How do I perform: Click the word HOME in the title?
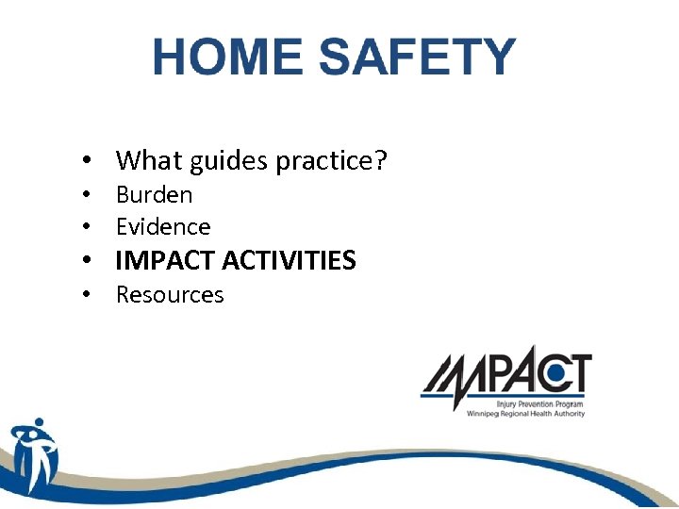pos(229,57)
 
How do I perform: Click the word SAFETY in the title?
pos(417,57)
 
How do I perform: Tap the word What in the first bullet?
pos(149,161)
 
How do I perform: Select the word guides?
pos(228,162)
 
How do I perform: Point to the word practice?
pos(331,162)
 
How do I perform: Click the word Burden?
pos(154,195)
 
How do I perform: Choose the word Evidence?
pos(163,227)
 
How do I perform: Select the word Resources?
pos(170,295)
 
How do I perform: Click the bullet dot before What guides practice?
pos(86,162)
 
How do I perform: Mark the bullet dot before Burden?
pos(86,196)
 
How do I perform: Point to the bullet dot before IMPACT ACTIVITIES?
pos(86,261)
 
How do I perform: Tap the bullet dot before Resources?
pos(86,296)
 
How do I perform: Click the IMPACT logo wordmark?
pos(505,374)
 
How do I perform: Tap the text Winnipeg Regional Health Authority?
pos(525,414)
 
